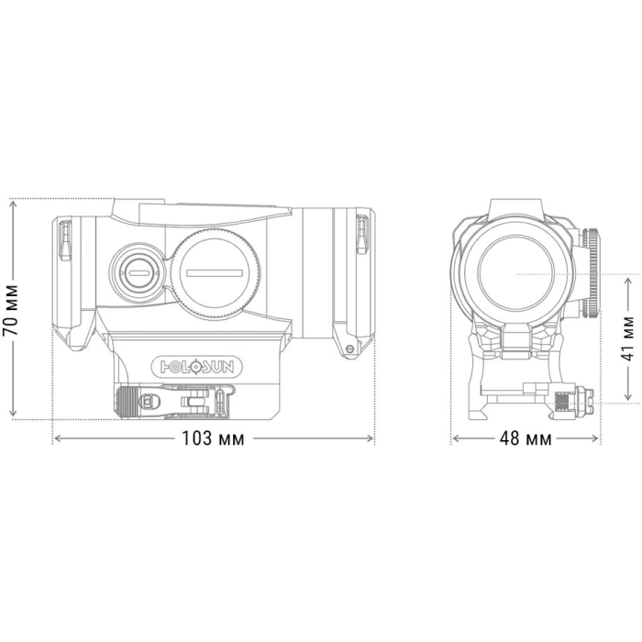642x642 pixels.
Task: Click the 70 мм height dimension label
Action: pos(11,310)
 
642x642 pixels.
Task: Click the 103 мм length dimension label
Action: pos(213,438)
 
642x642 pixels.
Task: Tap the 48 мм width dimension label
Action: pos(526,438)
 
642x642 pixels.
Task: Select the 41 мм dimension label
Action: pos(627,338)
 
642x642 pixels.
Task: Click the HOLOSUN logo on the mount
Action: pos(197,367)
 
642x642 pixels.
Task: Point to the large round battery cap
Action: pos(215,274)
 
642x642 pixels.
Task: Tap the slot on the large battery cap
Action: pos(215,273)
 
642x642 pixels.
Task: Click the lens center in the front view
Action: pos(516,273)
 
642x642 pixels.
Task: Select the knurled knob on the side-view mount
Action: pos(127,403)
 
